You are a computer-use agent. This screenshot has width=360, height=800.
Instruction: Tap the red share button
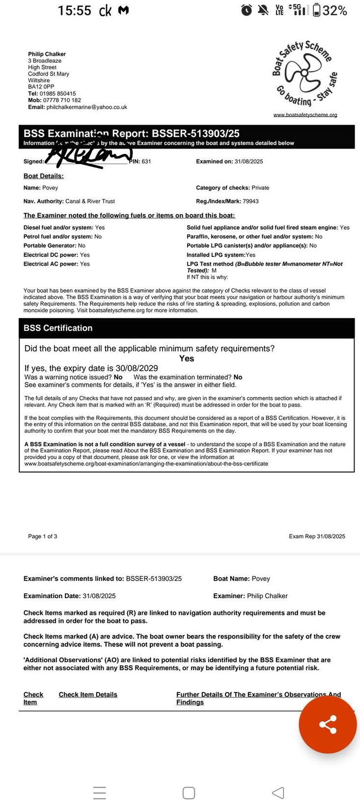click(328, 724)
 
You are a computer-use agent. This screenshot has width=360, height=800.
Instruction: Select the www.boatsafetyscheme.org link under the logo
click(305, 114)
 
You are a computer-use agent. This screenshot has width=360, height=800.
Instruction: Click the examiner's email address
click(87, 107)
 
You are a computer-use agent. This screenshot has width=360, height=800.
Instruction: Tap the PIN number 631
click(146, 162)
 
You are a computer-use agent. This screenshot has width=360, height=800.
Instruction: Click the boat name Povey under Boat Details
click(50, 188)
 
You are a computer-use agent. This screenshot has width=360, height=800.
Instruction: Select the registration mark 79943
click(250, 201)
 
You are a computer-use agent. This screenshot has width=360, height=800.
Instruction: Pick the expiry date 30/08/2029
click(137, 368)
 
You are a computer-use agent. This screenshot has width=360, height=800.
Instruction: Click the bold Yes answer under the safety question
click(187, 359)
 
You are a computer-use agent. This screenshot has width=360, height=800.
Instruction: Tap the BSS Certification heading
click(58, 328)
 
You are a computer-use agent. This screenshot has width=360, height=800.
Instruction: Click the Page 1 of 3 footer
click(43, 536)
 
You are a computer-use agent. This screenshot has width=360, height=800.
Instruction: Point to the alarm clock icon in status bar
click(247, 10)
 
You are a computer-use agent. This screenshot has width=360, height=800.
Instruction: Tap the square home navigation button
click(189, 779)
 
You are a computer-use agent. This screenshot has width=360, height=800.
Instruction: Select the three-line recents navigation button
click(100, 779)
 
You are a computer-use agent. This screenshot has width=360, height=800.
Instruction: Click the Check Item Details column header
click(88, 694)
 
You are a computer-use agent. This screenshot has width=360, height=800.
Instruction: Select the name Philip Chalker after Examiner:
click(267, 596)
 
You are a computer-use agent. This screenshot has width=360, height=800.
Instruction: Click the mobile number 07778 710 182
click(62, 100)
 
